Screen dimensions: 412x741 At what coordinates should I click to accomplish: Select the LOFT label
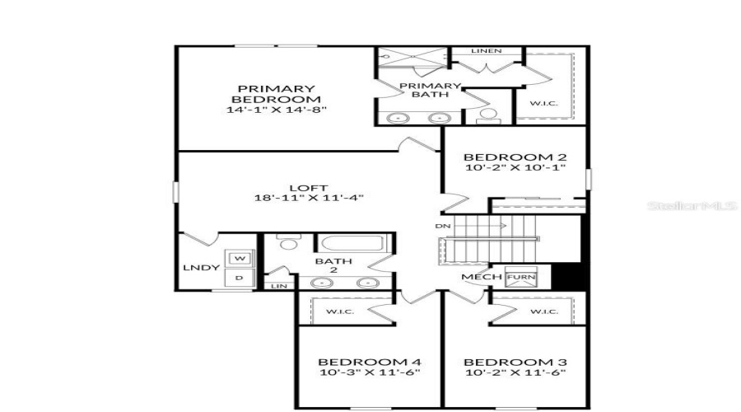point(309,188)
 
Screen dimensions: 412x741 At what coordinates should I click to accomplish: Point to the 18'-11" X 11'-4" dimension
point(309,198)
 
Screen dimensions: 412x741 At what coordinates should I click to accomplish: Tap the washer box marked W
point(240,259)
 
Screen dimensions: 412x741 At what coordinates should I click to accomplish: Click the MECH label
point(482,277)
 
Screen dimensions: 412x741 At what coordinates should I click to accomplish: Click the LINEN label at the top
point(486,51)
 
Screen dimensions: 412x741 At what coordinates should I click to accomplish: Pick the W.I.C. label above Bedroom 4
point(339,311)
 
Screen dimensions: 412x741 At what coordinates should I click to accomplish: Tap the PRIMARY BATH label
point(429,90)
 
